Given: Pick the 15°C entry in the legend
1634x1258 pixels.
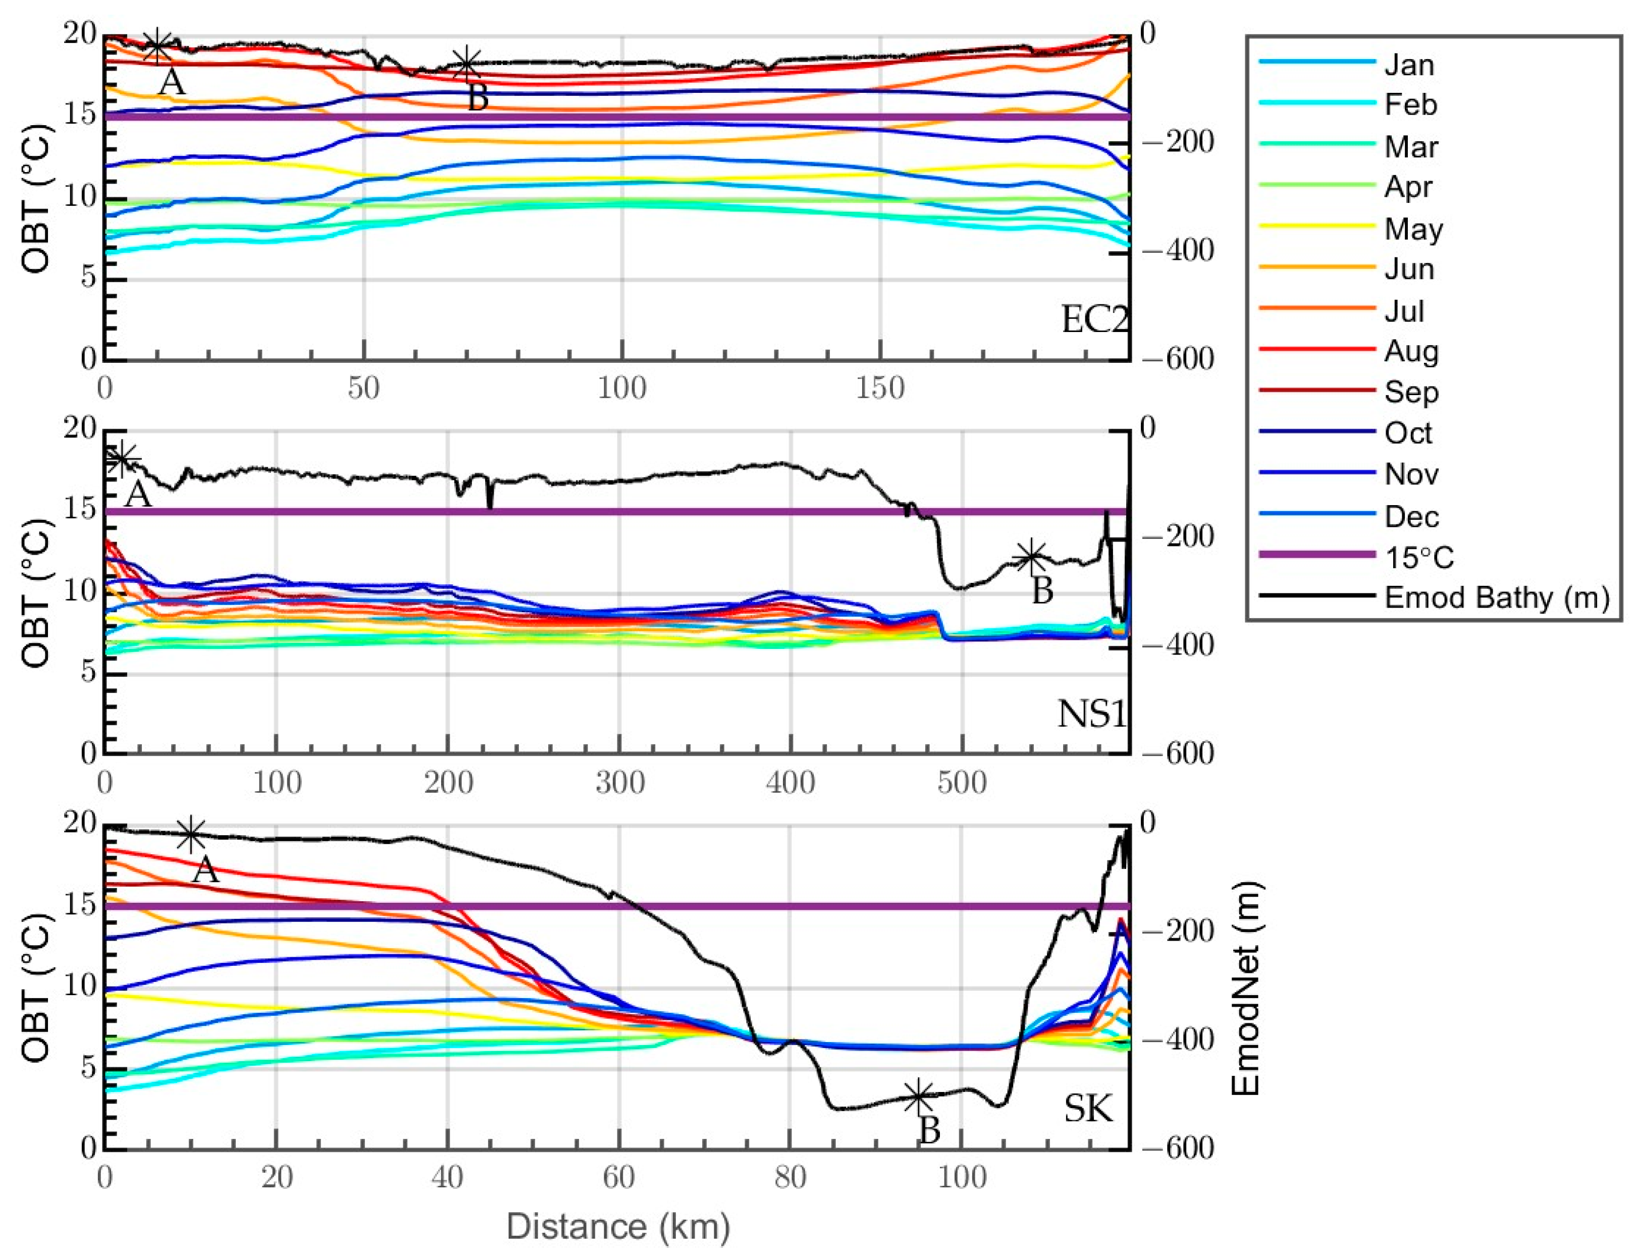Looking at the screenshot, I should [1418, 557].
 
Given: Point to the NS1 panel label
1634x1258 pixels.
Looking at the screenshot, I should [1091, 714].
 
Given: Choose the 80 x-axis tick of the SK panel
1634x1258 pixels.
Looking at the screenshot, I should [790, 1177].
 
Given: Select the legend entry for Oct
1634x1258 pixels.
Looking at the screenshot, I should [1408, 433].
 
